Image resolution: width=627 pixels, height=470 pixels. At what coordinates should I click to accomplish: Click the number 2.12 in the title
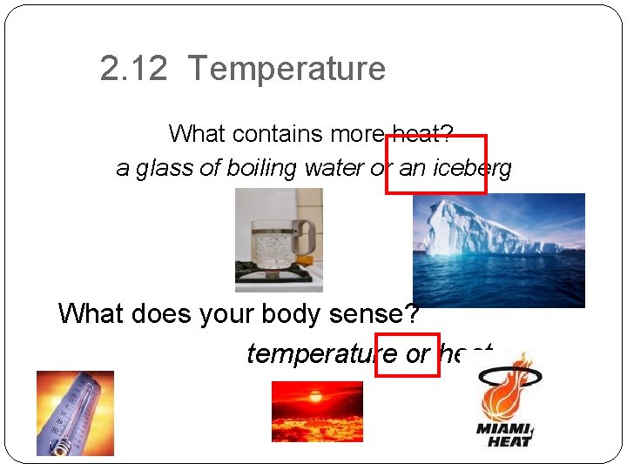click(x=133, y=69)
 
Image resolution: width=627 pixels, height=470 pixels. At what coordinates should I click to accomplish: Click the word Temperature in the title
click(x=287, y=69)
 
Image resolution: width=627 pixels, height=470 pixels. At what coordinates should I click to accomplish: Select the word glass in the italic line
click(x=165, y=168)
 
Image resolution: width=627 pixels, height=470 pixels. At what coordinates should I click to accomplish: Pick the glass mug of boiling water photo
click(x=278, y=240)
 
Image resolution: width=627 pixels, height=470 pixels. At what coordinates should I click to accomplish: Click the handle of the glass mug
click(x=306, y=235)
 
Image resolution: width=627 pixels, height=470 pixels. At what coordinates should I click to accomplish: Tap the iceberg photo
click(x=498, y=250)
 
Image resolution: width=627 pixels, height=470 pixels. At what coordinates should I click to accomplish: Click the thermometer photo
click(x=75, y=413)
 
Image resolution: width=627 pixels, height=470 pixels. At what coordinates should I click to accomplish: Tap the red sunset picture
click(x=317, y=412)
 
